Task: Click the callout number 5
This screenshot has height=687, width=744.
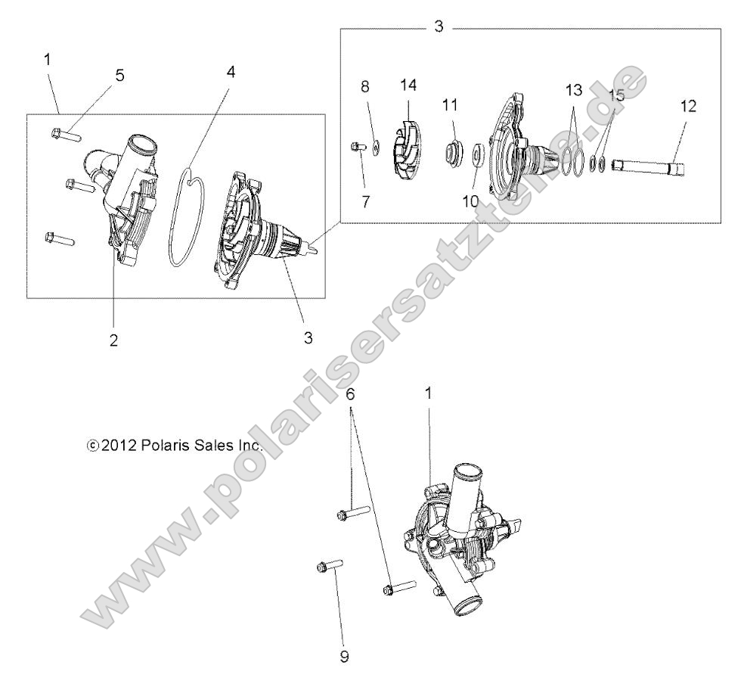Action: [x=120, y=76]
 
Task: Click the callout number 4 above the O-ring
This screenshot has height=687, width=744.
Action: [x=231, y=73]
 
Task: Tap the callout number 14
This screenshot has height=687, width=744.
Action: [x=408, y=84]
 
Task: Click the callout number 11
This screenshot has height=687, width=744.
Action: [x=451, y=105]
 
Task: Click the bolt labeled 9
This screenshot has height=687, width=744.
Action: [x=326, y=564]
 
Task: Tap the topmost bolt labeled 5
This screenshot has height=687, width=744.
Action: [x=65, y=135]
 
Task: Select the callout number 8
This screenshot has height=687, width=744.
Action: [x=365, y=87]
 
